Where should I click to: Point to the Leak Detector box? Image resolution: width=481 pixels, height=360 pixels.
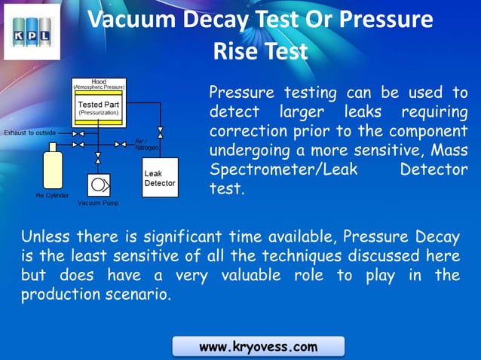(160, 178)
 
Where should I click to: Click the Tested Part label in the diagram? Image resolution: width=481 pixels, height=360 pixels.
(98, 105)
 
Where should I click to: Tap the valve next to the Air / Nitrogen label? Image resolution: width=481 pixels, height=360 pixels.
(121, 144)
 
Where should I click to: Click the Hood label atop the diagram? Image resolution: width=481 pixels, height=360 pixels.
(98, 81)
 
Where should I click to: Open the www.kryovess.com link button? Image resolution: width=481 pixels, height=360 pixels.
(258, 346)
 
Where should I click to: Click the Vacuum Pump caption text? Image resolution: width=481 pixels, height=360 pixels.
(98, 203)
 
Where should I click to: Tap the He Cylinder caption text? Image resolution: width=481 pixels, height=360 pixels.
(53, 195)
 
